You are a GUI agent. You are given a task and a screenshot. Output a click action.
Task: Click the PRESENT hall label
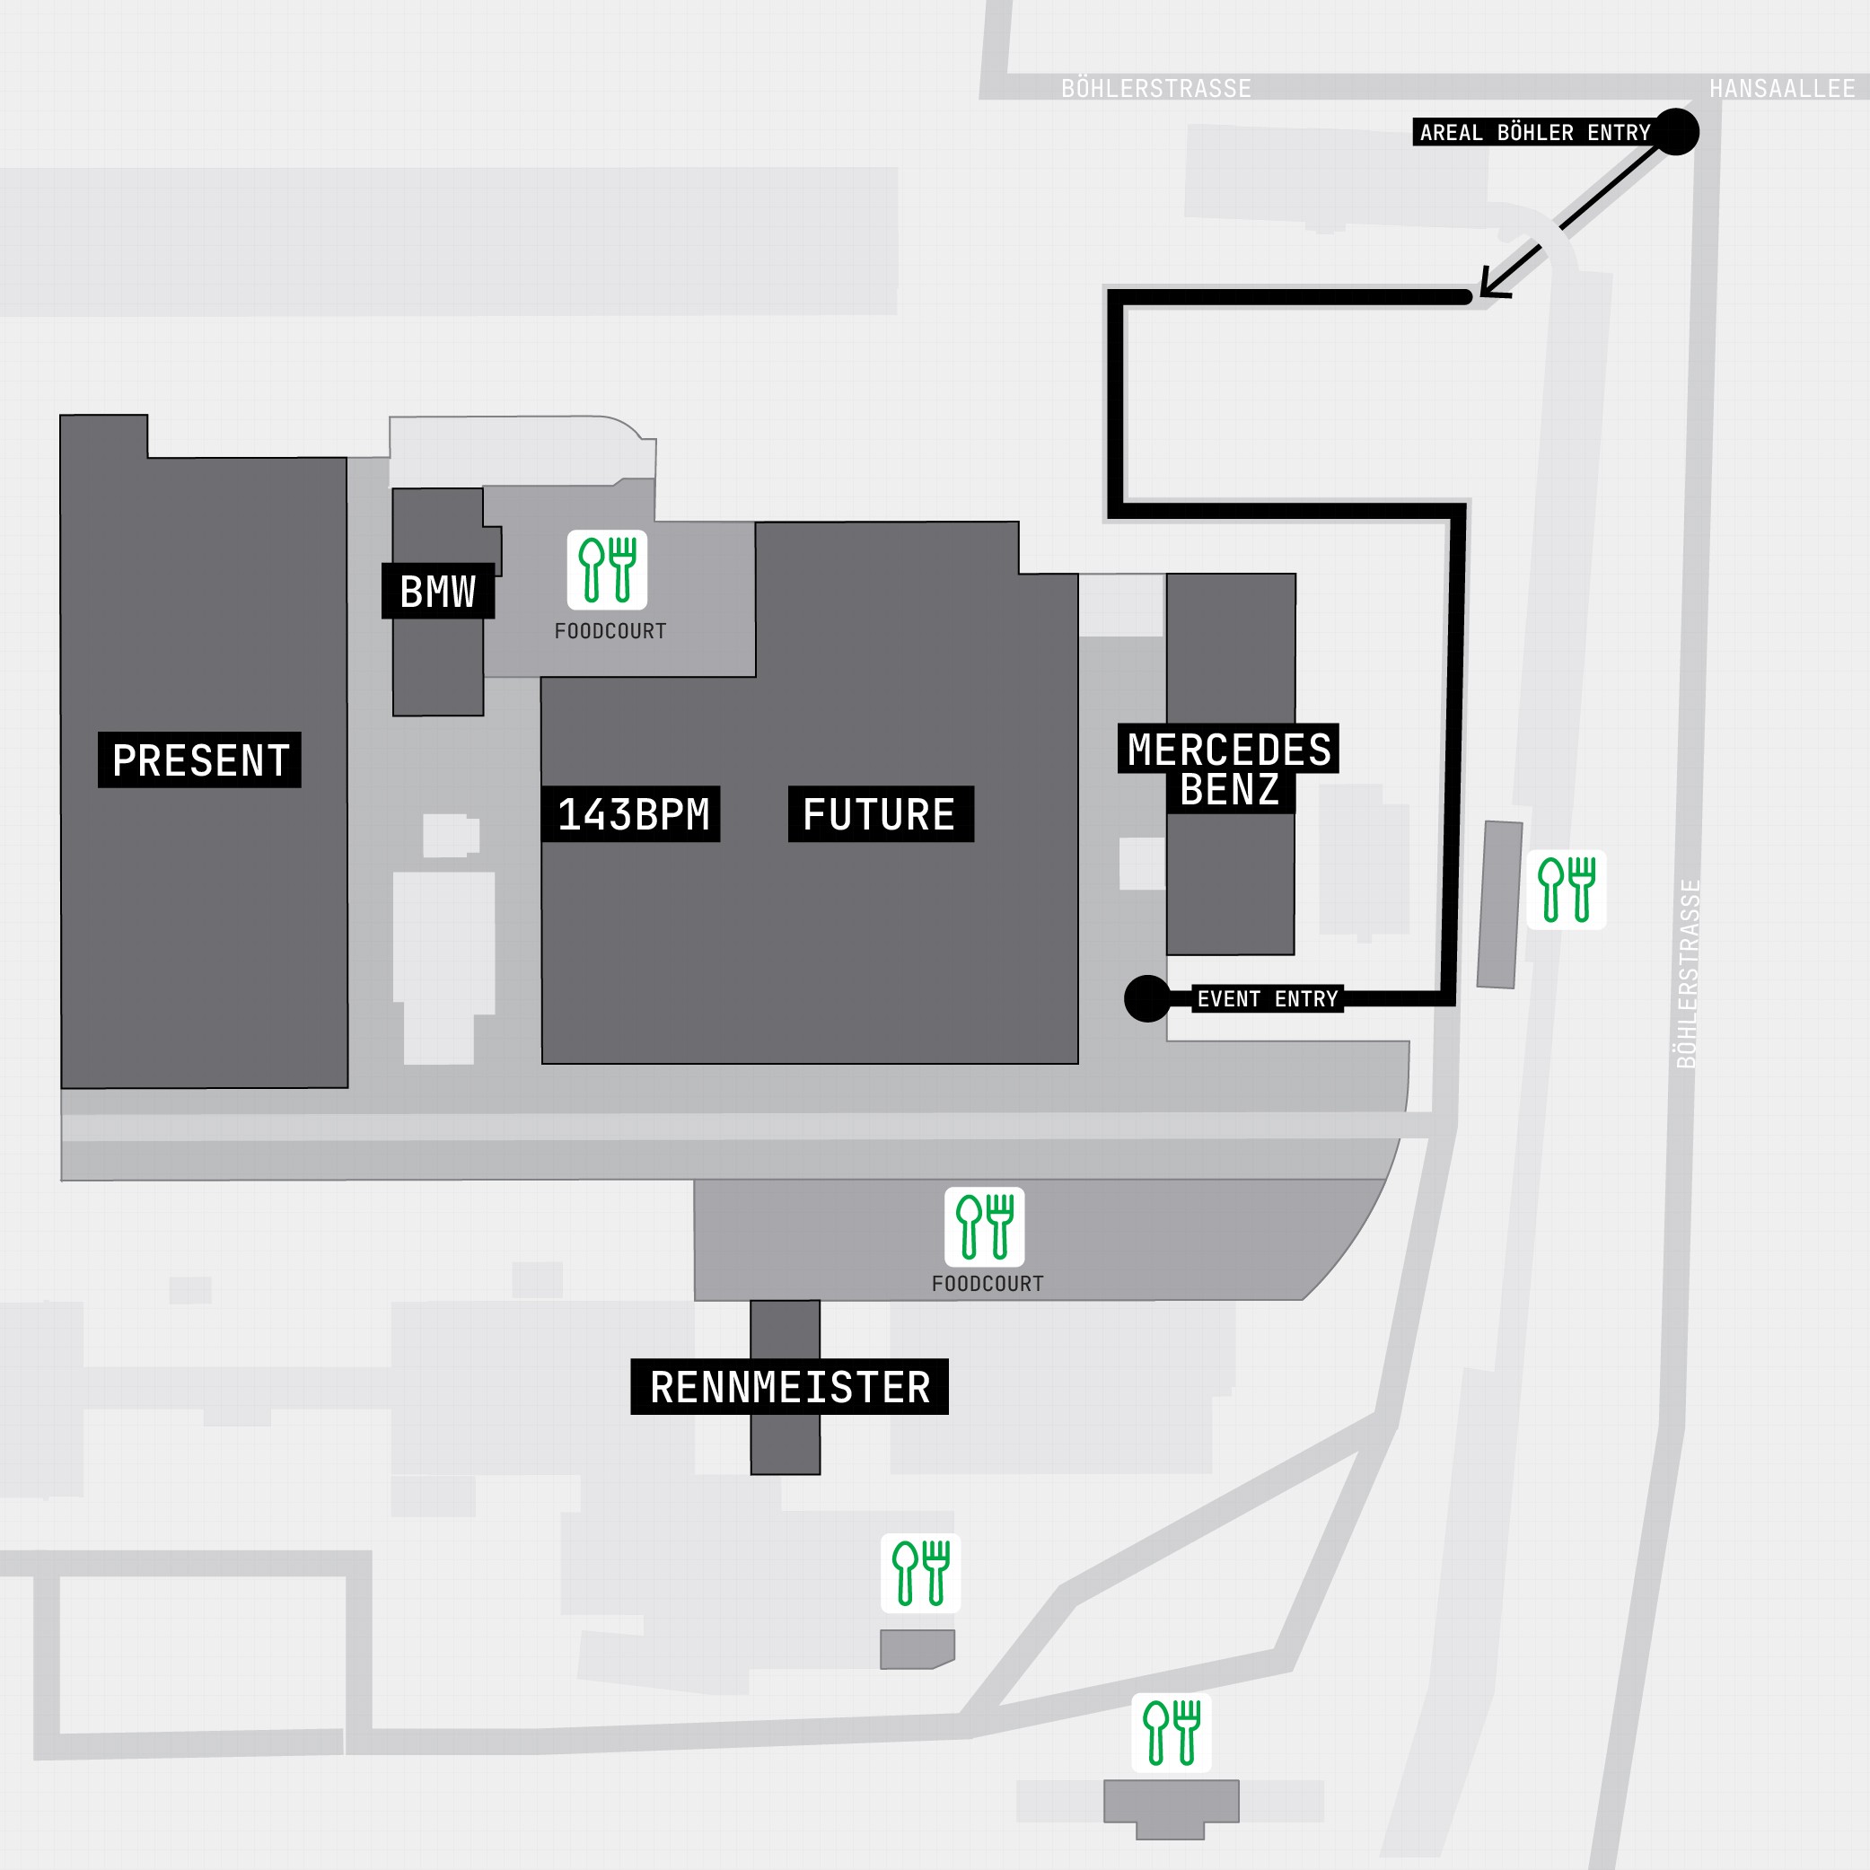pos(199,759)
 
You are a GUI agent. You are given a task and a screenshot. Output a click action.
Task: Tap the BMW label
pos(437,592)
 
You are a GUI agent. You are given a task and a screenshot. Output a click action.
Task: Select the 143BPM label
pos(633,814)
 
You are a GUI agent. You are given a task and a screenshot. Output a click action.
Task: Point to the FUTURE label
pos(880,814)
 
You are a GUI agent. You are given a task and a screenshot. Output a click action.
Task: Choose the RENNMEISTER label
pos(790,1387)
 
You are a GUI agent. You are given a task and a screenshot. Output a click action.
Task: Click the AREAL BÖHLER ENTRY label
pos(1535,133)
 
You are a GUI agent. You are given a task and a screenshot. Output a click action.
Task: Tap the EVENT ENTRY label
pos(1267,999)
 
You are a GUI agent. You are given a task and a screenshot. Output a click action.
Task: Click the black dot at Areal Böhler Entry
pos(1676,132)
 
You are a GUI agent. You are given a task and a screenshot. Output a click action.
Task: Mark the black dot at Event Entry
pos(1148,998)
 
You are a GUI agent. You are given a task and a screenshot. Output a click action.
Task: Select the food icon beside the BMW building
pos(607,570)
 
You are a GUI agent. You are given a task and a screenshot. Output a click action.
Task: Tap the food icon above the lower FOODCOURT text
pos(984,1226)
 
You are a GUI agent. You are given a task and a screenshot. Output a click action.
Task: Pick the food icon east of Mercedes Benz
pos(1566,890)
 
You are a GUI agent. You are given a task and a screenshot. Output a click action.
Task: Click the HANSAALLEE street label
pos(1782,89)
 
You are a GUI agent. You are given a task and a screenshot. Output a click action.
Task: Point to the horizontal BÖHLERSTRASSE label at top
pos(1155,89)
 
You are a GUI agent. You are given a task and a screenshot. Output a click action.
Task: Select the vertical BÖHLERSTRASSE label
pos(1687,974)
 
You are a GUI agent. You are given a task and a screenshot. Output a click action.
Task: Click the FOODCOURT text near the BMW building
pos(610,631)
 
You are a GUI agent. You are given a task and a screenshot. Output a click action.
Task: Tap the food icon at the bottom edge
pos(1172,1733)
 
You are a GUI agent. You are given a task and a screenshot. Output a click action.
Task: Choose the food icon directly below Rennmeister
pos(920,1573)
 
